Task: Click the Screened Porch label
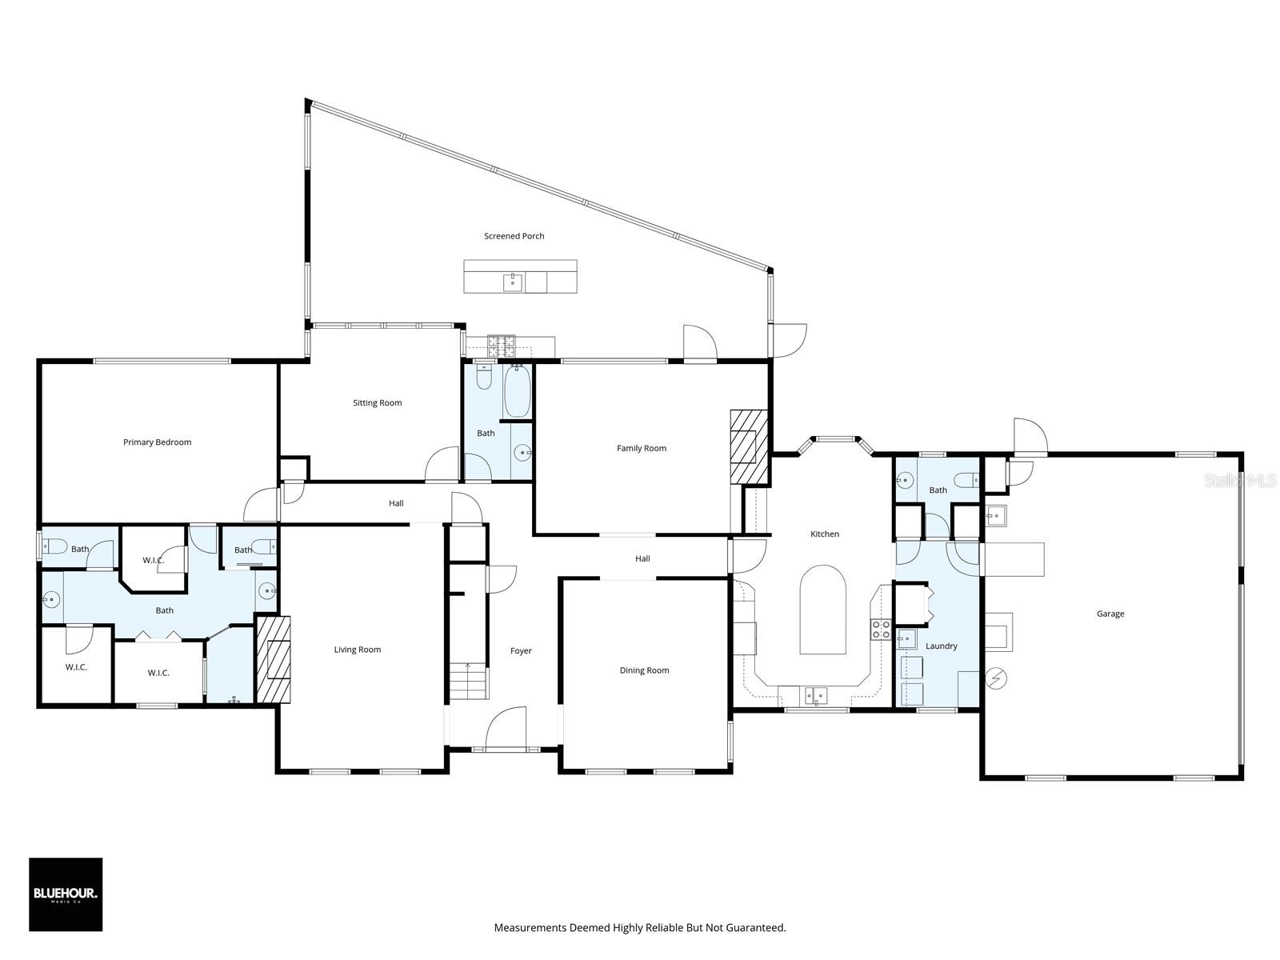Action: (514, 236)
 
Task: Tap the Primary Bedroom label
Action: (157, 442)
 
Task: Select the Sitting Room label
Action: (377, 402)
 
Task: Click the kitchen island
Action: (822, 610)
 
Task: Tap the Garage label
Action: (1110, 614)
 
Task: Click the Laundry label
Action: (941, 646)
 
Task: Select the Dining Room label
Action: (643, 670)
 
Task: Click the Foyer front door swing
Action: (506, 728)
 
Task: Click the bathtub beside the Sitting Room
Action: (517, 391)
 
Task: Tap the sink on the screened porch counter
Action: (513, 282)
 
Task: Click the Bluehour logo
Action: (66, 894)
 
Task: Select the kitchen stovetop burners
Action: (881, 630)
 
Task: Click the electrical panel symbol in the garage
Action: (997, 679)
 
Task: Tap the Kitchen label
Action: (824, 534)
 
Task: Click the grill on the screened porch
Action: (502, 345)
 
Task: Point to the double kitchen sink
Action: (815, 695)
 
